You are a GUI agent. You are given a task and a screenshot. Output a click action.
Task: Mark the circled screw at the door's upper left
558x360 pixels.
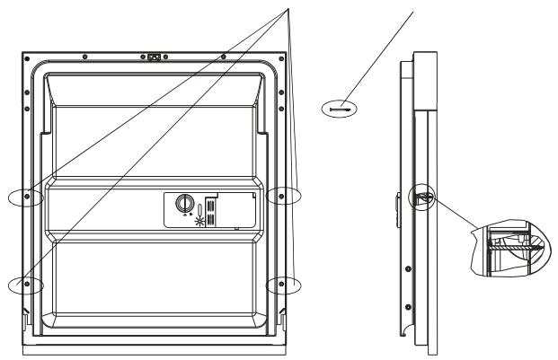[x=27, y=197]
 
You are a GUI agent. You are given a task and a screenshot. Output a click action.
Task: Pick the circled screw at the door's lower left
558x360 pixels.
[x=27, y=285]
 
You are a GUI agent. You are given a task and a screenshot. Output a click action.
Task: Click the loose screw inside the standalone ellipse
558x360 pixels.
[x=339, y=107]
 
